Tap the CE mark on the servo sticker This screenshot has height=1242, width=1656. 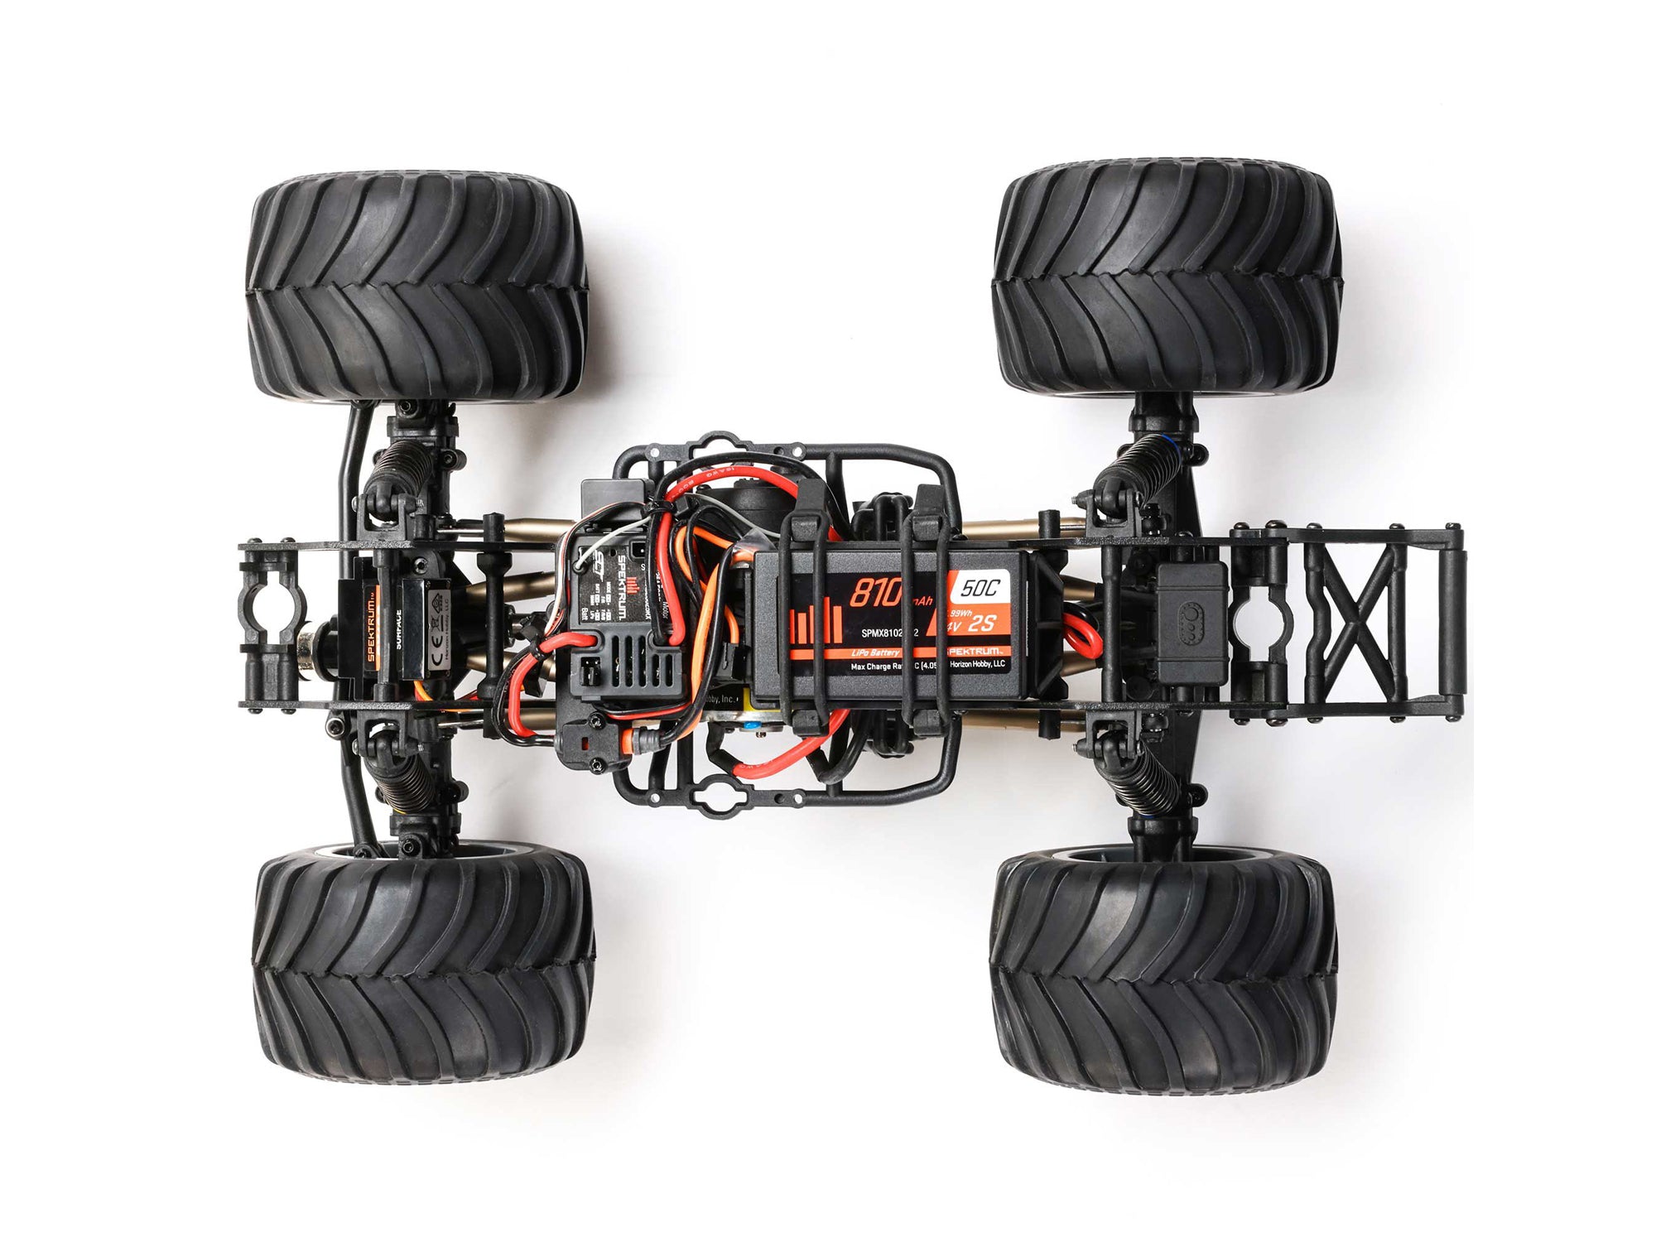(x=416, y=617)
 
